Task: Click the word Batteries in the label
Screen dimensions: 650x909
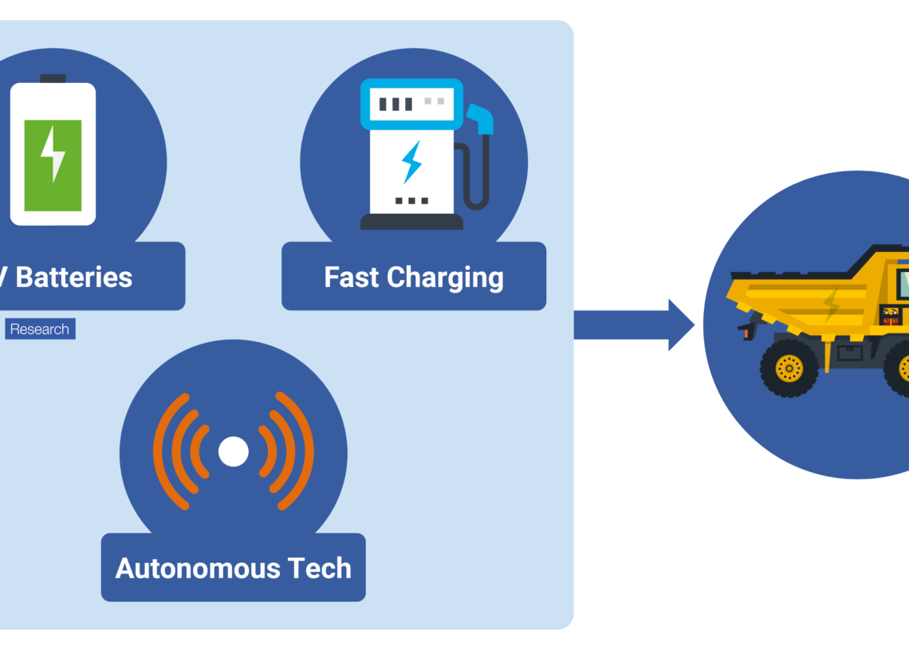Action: (x=74, y=278)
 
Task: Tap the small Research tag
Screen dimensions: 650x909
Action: (x=39, y=329)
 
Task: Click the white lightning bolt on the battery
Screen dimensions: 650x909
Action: (x=53, y=154)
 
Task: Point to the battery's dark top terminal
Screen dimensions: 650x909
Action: (x=53, y=78)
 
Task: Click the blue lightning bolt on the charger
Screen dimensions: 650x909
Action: (x=411, y=161)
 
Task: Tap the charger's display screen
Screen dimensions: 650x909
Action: (x=411, y=104)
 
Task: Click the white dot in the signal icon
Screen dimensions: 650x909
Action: (x=234, y=451)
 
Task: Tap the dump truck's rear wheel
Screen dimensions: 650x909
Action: (x=789, y=368)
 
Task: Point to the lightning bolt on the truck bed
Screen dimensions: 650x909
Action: (x=832, y=304)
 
